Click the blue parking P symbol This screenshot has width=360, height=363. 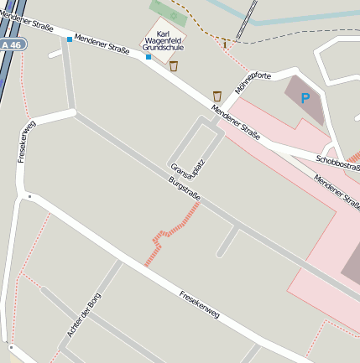coord(305,98)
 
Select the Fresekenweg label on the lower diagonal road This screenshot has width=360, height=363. coord(199,303)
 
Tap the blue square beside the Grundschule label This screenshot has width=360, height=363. coord(149,57)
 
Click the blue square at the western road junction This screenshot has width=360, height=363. coord(69,39)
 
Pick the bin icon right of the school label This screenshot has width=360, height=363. coord(174,65)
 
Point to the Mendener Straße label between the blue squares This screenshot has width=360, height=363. coord(102,45)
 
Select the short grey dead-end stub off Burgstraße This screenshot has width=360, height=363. coord(227,242)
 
